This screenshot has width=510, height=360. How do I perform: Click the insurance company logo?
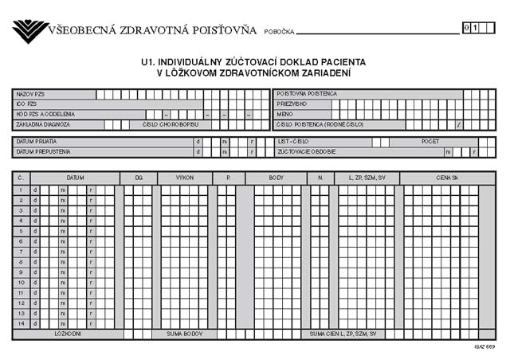[30, 31]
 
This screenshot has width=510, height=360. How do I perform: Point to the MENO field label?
[285, 114]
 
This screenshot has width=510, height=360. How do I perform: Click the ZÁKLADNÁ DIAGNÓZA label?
[44, 124]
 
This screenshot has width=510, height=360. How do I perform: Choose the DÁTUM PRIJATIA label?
[36, 142]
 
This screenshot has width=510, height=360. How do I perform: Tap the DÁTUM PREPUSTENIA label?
[43, 151]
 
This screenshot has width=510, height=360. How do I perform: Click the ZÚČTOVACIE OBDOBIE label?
[307, 151]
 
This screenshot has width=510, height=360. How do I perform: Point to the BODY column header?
[277, 178]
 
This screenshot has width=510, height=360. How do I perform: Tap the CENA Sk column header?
[447, 178]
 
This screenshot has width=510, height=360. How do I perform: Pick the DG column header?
[138, 178]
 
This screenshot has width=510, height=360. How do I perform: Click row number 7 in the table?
[21, 251]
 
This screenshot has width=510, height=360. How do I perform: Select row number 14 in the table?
[21, 323]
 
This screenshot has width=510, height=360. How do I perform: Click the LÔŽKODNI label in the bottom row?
[67, 334]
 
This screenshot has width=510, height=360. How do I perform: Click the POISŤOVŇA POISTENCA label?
[307, 94]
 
